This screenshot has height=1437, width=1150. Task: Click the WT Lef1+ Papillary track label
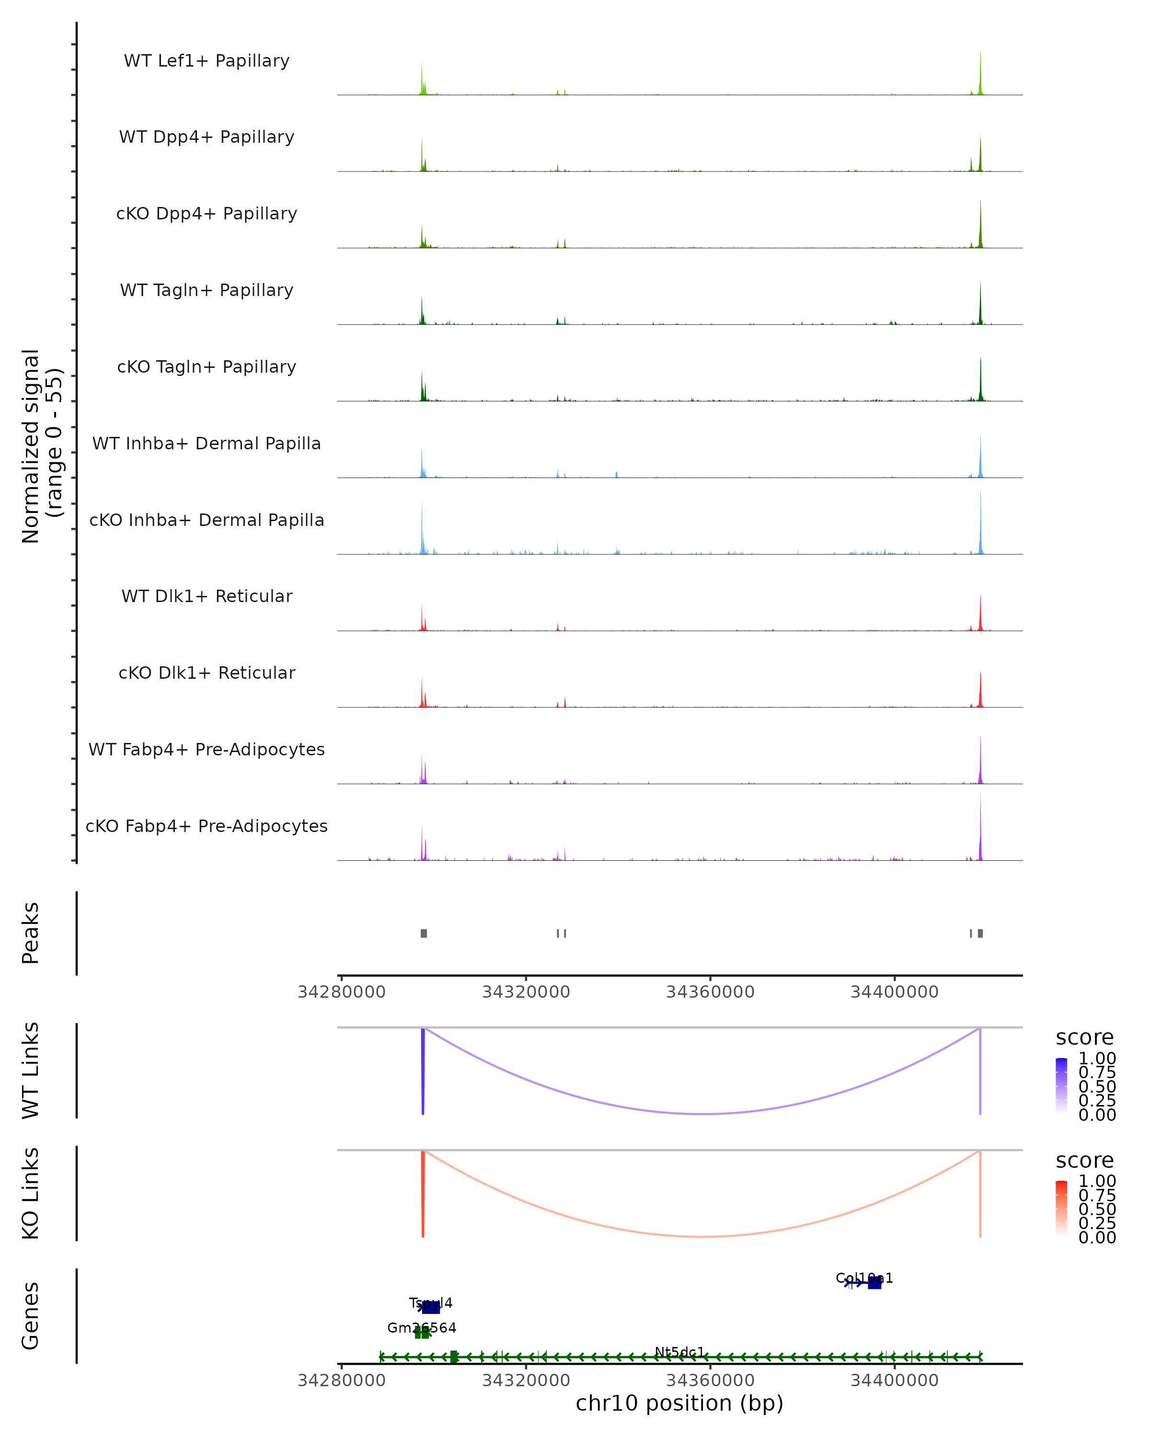[207, 61]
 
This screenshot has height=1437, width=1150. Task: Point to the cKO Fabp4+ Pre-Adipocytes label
[207, 826]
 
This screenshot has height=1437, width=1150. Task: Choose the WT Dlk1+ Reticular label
[207, 596]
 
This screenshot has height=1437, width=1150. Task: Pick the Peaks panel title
[31, 933]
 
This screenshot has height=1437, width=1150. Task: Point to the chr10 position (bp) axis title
[679, 1403]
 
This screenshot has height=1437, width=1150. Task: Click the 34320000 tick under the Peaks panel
[526, 992]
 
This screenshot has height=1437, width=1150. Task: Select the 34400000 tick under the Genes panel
[895, 1380]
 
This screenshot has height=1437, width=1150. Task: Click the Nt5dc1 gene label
[679, 1352]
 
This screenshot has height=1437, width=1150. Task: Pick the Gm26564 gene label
[422, 1328]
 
